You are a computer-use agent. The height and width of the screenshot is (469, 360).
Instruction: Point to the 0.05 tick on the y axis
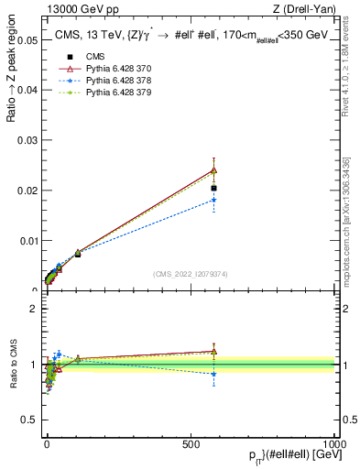tap(27, 40)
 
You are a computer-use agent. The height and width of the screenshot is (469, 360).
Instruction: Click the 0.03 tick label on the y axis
tap(27, 140)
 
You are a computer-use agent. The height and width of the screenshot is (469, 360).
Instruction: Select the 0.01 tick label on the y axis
tap(27, 241)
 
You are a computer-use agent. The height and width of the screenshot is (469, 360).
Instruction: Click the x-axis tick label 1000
tap(334, 442)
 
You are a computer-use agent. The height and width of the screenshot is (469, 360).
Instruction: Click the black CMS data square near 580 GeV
tap(213, 188)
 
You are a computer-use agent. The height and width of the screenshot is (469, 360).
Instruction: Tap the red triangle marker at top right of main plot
tap(213, 169)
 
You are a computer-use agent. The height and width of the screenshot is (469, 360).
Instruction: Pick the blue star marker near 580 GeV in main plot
tap(213, 200)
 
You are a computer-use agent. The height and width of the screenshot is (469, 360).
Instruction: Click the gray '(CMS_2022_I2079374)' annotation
tap(190, 273)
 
